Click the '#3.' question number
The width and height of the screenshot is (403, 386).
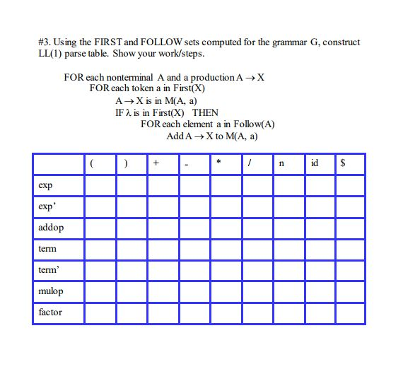tap(45, 42)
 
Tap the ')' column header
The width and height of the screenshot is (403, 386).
tap(126, 163)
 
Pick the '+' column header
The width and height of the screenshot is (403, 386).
tap(156, 163)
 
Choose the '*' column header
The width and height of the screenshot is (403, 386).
tap(219, 163)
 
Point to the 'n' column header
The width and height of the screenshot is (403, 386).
tap(281, 163)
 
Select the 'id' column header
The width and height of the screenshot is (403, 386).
tap(315, 163)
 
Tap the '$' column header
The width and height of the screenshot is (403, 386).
tap(344, 163)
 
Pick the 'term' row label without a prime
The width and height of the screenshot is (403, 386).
tap(47, 249)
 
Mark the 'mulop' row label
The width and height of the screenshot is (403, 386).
tap(50, 291)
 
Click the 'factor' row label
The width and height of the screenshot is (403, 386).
tap(50, 312)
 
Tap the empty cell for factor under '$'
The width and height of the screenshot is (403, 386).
tap(350, 312)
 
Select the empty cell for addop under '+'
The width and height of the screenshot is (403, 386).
tap(163, 228)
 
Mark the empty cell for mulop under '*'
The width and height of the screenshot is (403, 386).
tap(226, 291)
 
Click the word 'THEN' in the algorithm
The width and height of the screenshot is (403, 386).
tap(205, 112)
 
